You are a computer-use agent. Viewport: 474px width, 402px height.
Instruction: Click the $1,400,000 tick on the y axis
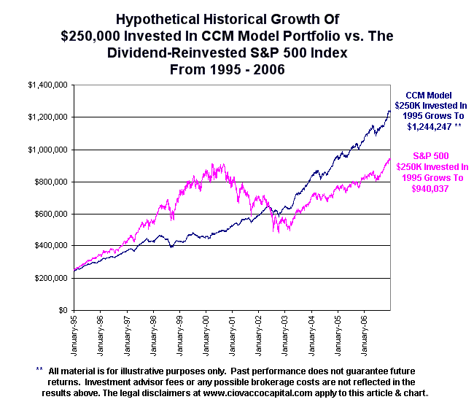49,85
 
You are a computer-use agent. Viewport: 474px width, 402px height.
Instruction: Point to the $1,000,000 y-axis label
49,150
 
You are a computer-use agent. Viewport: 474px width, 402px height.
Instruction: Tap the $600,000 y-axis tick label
52,214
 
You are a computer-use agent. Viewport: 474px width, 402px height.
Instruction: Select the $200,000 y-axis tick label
52,278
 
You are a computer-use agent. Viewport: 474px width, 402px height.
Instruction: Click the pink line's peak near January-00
222,164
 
